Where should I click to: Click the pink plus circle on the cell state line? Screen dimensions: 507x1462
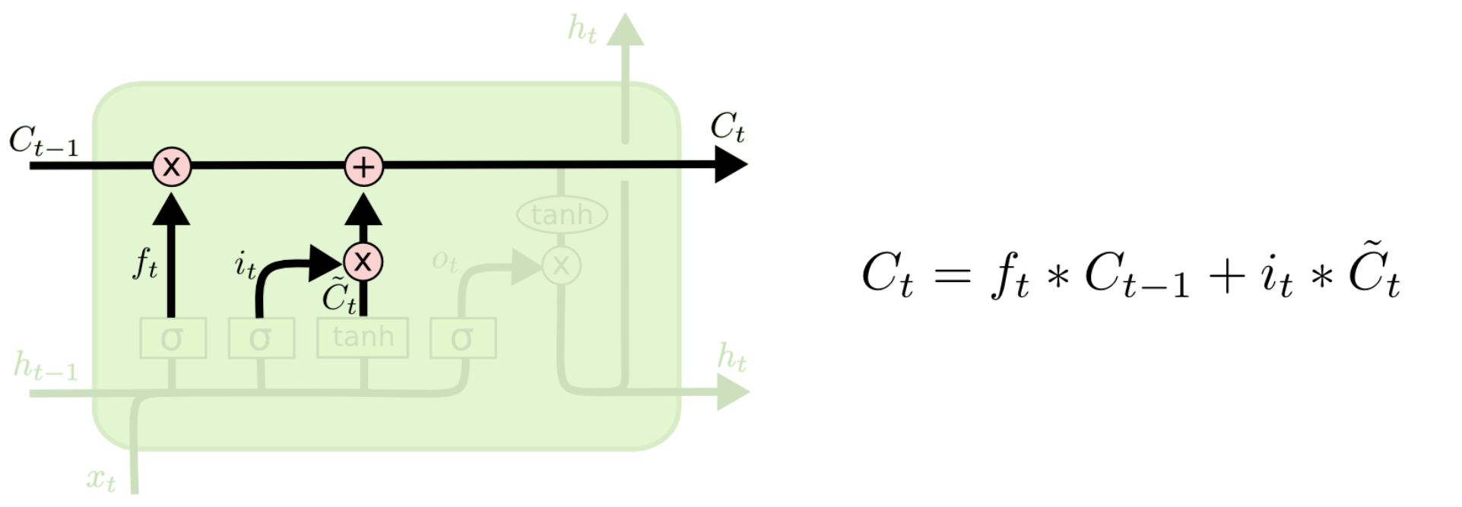pyautogui.click(x=364, y=166)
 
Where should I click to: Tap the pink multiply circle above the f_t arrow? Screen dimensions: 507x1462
pyautogui.click(x=172, y=166)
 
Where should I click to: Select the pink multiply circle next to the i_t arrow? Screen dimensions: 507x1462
pyautogui.click(x=363, y=262)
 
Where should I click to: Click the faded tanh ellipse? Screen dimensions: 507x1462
pyautogui.click(x=562, y=215)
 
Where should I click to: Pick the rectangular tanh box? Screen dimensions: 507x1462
pyautogui.click(x=363, y=337)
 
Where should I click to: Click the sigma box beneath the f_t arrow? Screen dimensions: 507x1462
pyautogui.click(x=173, y=338)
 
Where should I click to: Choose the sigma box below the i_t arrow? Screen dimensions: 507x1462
pyautogui.click(x=261, y=338)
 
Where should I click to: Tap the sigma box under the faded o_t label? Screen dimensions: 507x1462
pyautogui.click(x=463, y=338)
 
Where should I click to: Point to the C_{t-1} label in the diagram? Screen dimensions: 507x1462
pyautogui.click(x=43, y=141)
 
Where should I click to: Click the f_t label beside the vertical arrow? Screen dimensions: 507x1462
pyautogui.click(x=145, y=264)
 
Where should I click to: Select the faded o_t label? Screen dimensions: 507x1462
pyautogui.click(x=445, y=261)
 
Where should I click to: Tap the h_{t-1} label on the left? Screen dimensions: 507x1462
pyautogui.click(x=46, y=366)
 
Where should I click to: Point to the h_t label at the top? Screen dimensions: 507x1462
pyautogui.click(x=582, y=30)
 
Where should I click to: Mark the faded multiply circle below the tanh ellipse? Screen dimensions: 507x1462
pyautogui.click(x=561, y=266)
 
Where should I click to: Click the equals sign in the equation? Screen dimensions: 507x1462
pyautogui.click(x=953, y=274)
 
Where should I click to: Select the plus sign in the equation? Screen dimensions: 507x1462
pyautogui.click(x=1226, y=274)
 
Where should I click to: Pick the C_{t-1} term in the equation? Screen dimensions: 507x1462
pyautogui.click(x=1137, y=274)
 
